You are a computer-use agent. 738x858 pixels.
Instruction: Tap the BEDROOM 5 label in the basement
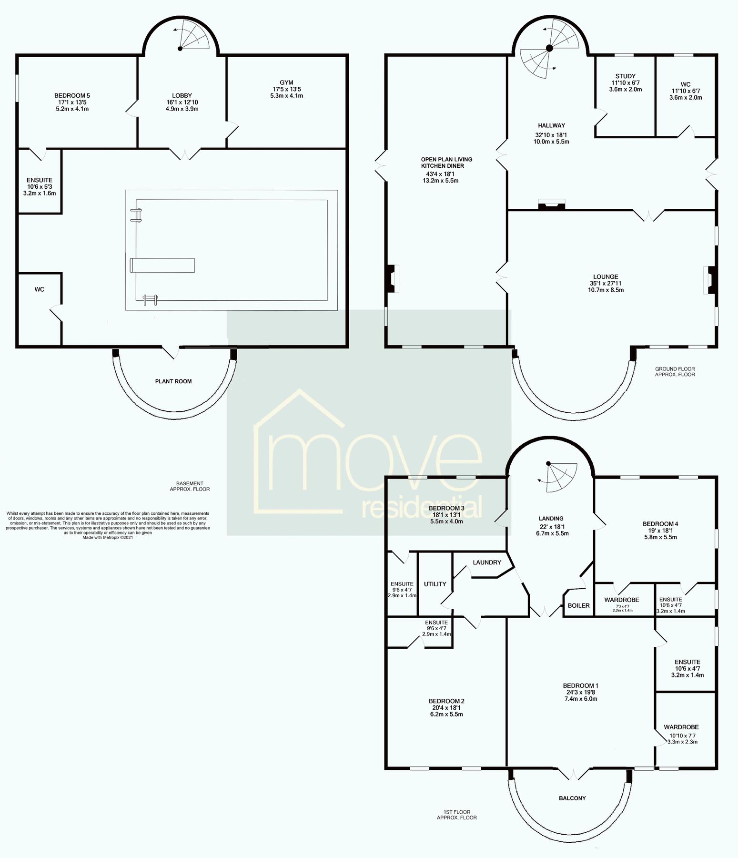coord(72,95)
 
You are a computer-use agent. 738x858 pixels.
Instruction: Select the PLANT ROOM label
coord(173,381)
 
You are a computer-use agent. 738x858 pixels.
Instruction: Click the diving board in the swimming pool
coord(162,265)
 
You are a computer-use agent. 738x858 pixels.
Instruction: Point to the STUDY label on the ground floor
coord(625,76)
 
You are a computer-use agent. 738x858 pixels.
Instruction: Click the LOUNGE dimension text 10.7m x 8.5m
coord(606,290)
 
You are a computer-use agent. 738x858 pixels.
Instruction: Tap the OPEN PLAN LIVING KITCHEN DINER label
coord(446,163)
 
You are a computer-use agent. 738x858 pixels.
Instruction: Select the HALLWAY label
coord(552,125)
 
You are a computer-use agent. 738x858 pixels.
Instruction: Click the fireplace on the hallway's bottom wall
coord(551,205)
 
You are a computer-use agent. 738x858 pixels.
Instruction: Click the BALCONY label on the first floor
coord(572,798)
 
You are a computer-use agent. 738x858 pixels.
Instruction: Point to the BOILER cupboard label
coord(578,605)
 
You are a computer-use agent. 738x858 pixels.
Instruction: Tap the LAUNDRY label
coord(487,562)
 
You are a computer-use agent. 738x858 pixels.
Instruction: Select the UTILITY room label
coord(435,584)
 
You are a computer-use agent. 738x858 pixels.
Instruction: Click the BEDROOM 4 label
coord(660,524)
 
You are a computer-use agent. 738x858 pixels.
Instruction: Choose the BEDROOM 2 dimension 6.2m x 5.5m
coord(446,715)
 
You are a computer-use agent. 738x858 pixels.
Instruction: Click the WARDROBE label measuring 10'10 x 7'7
coord(681,727)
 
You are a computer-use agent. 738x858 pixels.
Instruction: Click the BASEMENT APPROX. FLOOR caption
coord(190,486)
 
